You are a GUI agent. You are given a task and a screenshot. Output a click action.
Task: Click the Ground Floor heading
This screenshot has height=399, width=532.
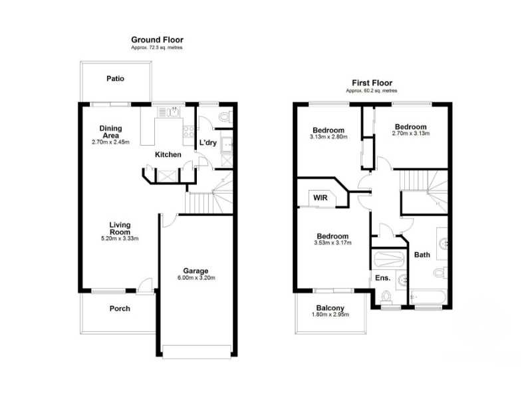(157, 40)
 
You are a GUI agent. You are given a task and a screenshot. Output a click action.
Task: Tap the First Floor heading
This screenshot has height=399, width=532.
(372, 82)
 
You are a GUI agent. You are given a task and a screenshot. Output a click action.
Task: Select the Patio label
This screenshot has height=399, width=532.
(115, 78)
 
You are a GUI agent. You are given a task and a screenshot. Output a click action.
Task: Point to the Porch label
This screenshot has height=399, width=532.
(120, 309)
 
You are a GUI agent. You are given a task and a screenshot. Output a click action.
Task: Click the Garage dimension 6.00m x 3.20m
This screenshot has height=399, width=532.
(196, 277)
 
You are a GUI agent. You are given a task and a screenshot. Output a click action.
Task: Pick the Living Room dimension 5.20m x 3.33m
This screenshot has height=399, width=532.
(120, 239)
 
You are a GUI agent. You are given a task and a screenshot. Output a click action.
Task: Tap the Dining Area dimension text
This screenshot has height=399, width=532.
(110, 142)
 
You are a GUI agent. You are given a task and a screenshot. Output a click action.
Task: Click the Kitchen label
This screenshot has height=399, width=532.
(168, 155)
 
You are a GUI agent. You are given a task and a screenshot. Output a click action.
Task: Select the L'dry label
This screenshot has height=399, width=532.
(207, 142)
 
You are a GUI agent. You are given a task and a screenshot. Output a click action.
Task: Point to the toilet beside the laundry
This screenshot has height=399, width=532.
(225, 118)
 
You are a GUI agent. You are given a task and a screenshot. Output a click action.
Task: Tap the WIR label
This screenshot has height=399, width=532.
(321, 198)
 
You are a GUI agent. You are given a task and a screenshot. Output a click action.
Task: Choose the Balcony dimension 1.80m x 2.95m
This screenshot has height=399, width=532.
(330, 315)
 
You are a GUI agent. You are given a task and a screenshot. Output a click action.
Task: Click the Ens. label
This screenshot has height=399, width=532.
(383, 278)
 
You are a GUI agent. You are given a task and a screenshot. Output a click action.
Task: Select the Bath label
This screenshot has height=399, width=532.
(422, 255)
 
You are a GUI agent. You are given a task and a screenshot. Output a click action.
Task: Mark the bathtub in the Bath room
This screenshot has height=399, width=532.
(428, 297)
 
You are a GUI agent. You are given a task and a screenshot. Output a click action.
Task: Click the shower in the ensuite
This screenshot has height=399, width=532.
(389, 260)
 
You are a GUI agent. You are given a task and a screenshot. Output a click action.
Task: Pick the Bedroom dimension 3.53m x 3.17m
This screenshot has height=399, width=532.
(333, 243)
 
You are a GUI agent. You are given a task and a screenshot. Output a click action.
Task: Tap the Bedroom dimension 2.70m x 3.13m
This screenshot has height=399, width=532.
(410, 134)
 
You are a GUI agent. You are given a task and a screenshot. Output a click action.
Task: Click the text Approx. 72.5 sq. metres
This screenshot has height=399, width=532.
(157, 48)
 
